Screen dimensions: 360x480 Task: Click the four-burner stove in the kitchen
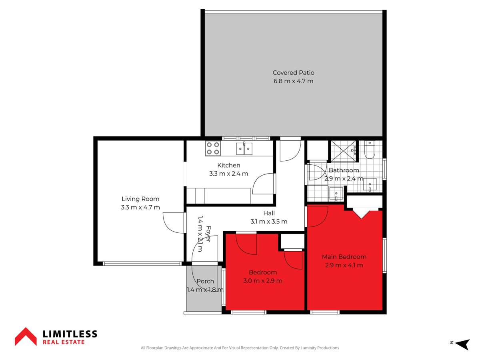click(x=213, y=148)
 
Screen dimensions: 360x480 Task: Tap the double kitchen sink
click(x=244, y=149)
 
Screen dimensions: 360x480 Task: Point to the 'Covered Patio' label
click(x=293, y=73)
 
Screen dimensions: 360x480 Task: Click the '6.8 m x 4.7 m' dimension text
click(x=293, y=81)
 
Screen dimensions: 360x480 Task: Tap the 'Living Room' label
click(x=140, y=199)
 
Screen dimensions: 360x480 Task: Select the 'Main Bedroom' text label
click(x=344, y=257)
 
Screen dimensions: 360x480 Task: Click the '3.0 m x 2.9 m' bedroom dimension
click(x=263, y=281)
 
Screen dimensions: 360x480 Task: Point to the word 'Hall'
click(x=269, y=213)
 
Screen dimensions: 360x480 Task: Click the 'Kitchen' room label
click(x=228, y=165)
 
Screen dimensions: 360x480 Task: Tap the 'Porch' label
click(x=205, y=281)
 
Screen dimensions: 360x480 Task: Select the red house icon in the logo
click(x=26, y=336)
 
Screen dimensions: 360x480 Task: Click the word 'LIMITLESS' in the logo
click(x=70, y=334)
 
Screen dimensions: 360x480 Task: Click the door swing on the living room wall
click(x=173, y=222)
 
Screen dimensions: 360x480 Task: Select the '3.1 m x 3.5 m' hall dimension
click(x=269, y=222)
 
